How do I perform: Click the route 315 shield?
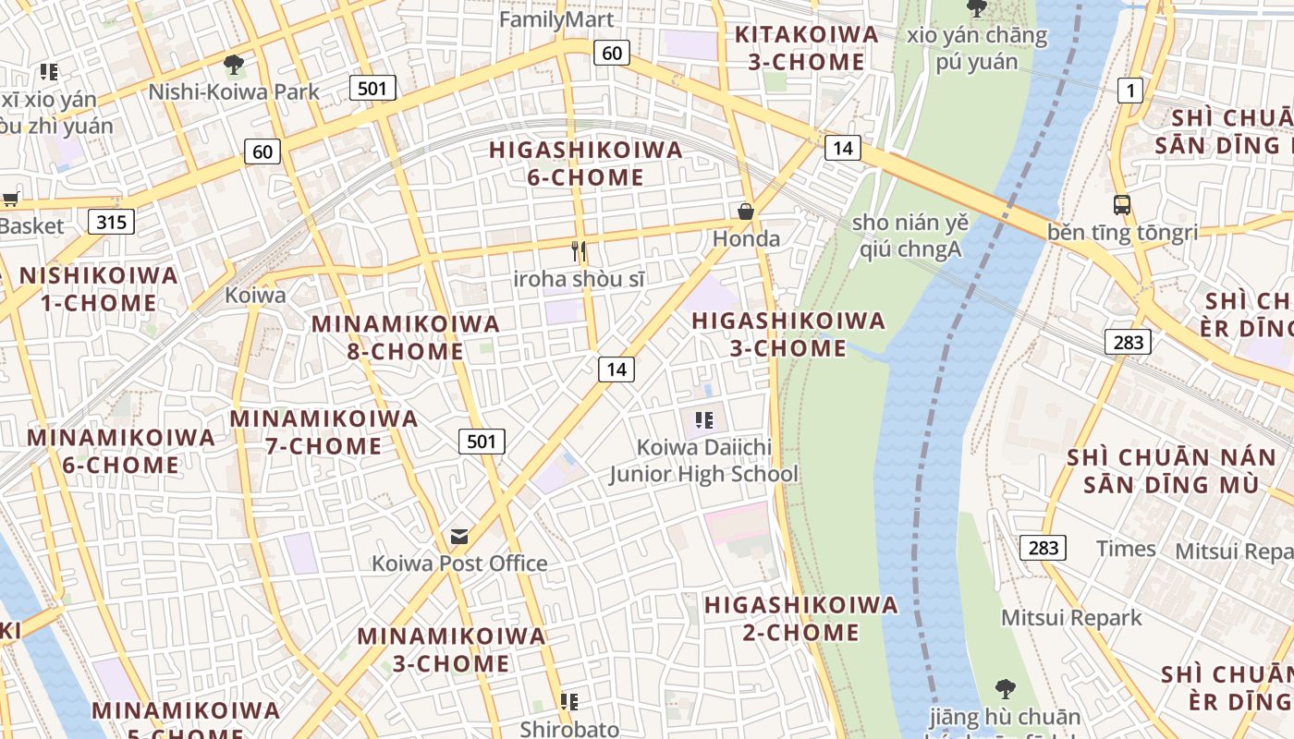click(111, 222)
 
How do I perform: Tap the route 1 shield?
click(1129, 90)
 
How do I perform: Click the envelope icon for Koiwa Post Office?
click(458, 537)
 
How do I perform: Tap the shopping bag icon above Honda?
click(746, 212)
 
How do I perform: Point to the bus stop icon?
click(1122, 205)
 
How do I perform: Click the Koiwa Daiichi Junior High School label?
click(703, 460)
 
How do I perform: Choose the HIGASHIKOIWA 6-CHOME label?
click(585, 163)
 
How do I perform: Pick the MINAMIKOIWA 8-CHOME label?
click(406, 337)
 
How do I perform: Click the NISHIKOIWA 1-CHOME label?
click(99, 289)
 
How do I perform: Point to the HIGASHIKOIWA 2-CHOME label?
click(800, 618)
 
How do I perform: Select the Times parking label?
click(1125, 549)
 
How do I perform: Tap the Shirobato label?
click(569, 729)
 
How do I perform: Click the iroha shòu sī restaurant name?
click(580, 279)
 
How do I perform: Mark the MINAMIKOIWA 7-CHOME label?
click(323, 431)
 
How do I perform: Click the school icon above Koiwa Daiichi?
click(704, 421)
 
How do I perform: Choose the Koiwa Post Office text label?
click(459, 563)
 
